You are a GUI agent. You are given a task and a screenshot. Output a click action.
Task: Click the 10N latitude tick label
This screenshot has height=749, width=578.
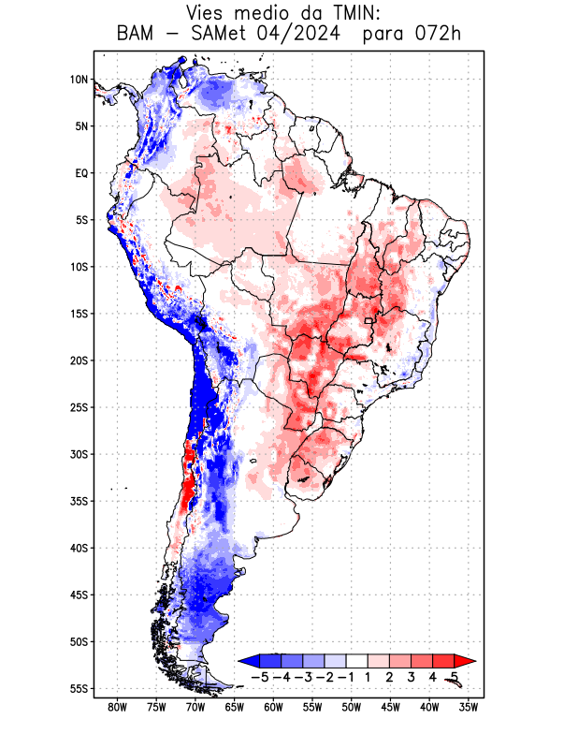pos(79,80)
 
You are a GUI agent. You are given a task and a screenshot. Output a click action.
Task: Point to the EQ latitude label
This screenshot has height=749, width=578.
pos(81,173)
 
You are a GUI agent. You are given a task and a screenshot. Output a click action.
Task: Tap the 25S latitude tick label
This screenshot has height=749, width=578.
pos(79,407)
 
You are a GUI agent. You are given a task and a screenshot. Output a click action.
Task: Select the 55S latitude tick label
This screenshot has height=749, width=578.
pos(79,689)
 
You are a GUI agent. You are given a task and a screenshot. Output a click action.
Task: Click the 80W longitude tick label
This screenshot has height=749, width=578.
pos(117,708)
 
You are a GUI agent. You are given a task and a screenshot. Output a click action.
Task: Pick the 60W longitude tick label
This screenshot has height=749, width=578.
pos(273,708)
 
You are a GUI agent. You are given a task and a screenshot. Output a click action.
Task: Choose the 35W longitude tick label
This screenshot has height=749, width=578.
pos(470,708)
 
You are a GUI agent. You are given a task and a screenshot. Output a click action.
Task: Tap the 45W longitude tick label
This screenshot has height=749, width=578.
pos(391,708)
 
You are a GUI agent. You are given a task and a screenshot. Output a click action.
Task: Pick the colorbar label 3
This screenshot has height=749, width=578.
pos(411,676)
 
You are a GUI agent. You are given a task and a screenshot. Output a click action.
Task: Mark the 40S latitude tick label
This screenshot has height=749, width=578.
pos(79,549)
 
